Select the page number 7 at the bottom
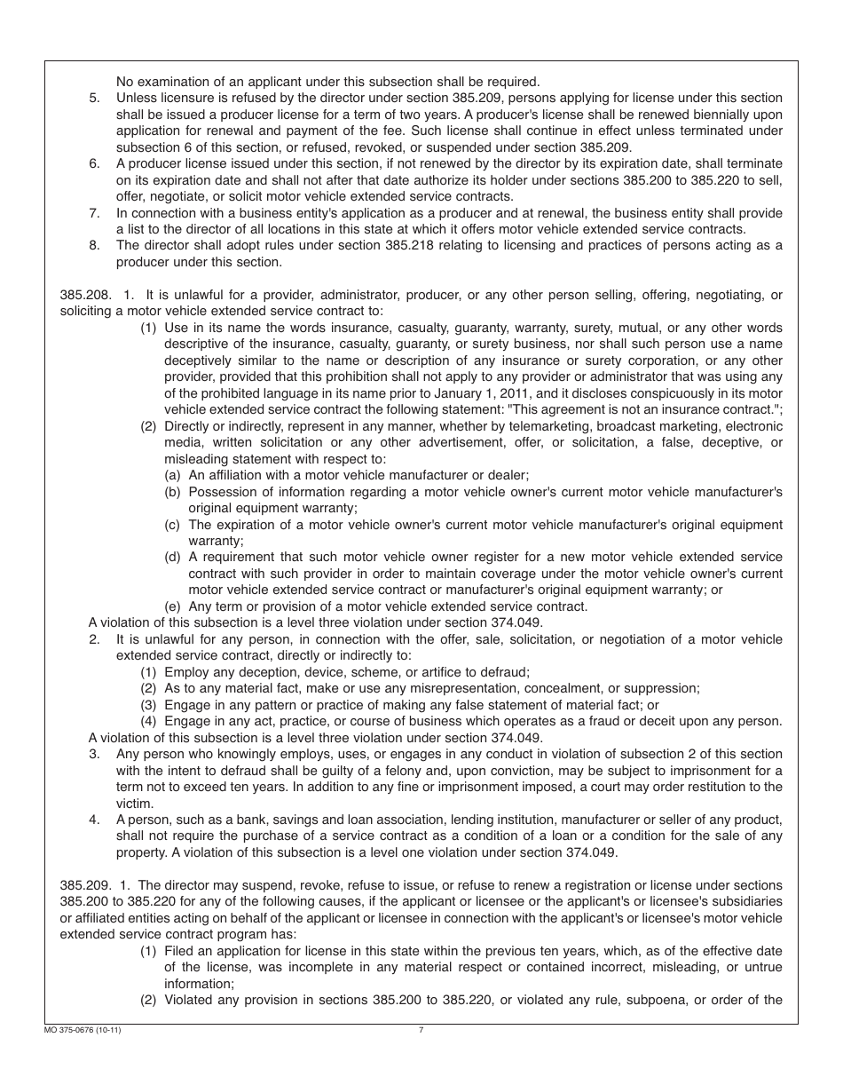(x=421, y=1031)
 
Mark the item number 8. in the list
(x=95, y=246)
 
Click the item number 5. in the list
(x=95, y=99)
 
